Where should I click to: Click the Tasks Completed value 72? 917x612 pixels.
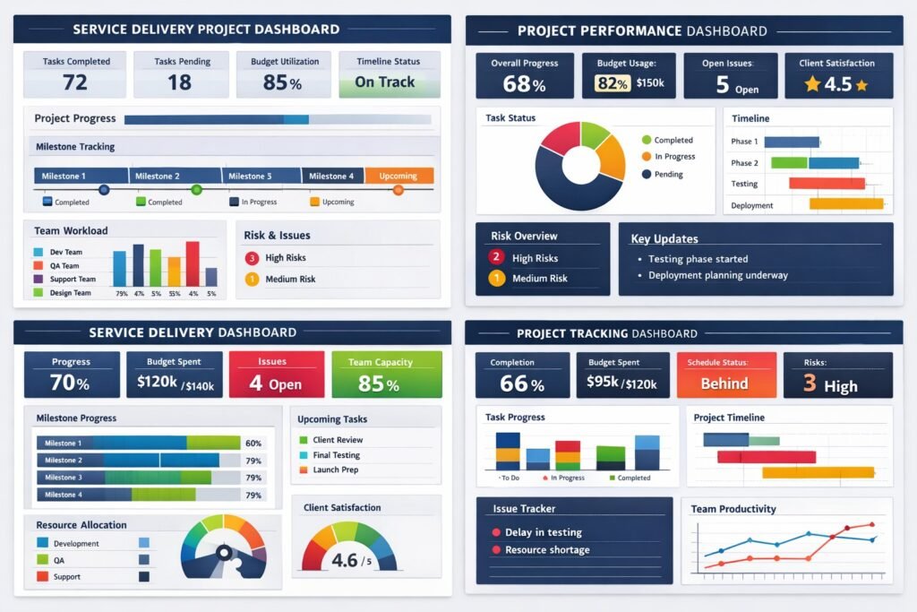75,82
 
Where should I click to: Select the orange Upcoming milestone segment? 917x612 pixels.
399,176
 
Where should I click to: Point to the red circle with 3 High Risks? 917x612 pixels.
252,258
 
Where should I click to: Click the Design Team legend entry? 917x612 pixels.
71,293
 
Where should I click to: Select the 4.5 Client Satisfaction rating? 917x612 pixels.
837,85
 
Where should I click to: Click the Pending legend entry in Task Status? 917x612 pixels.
668,175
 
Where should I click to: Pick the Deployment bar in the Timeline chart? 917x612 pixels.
846,204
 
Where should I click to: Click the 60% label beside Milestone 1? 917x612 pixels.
253,444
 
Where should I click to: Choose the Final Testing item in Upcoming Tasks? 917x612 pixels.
336,455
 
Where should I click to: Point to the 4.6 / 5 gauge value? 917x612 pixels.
351,561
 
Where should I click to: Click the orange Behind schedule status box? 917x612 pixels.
724,383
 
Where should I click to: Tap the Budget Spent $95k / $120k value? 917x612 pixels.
622,384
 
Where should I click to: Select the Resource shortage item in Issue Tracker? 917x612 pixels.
547,550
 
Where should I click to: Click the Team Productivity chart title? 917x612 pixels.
733,509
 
